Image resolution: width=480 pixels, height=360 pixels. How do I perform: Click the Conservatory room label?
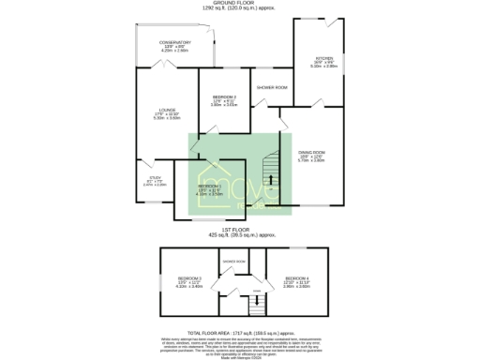[x=174, y=43]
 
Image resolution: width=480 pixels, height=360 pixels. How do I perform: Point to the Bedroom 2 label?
[x=224, y=98]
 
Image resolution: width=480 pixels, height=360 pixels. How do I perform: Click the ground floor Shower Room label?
[x=272, y=87]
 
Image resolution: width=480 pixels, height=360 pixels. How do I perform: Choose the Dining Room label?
[x=311, y=153]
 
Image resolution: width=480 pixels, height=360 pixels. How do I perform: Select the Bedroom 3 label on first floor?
[x=191, y=279]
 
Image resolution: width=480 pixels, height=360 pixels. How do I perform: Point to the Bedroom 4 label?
[x=297, y=279]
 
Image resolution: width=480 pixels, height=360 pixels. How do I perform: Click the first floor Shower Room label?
[x=233, y=262]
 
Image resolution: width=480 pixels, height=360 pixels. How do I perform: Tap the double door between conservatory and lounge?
[x=160, y=66]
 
